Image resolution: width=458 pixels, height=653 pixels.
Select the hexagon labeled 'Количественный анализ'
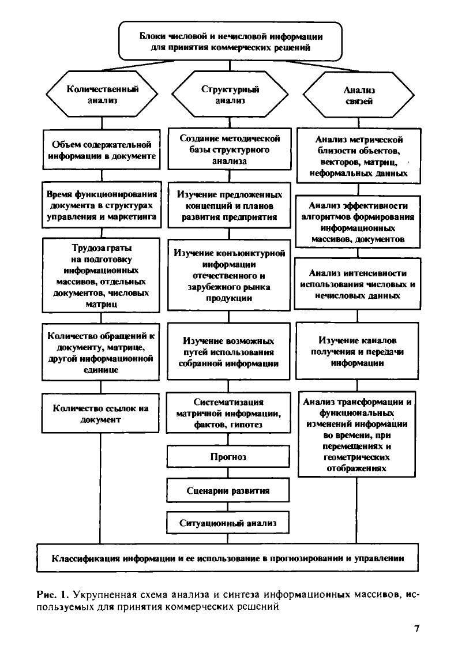(102, 95)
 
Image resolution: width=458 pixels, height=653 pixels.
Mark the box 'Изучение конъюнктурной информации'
(230, 275)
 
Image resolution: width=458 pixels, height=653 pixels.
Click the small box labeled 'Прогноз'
(228, 457)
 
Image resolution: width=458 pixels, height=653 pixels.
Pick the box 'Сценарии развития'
(228, 491)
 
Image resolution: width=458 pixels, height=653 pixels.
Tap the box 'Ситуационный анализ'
(228, 523)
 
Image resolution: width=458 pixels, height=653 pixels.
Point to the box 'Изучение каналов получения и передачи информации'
(358, 352)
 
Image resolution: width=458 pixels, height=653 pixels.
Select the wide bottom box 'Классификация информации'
(227, 558)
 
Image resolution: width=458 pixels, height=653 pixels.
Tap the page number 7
(416, 629)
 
